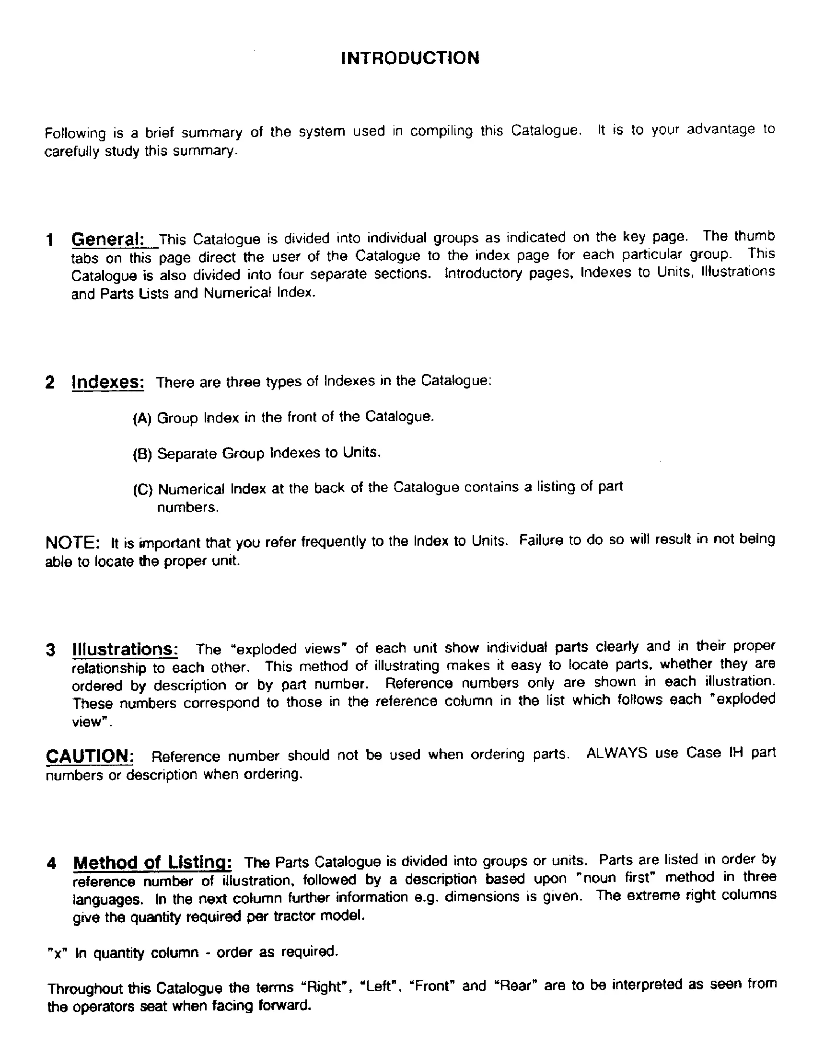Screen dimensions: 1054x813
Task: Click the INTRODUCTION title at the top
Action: pos(410,58)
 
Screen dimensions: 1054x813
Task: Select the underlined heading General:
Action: pos(108,240)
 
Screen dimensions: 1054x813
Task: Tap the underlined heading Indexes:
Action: pos(108,382)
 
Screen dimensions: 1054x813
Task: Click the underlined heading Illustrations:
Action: pos(125,649)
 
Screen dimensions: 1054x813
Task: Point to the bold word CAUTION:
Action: pos(90,756)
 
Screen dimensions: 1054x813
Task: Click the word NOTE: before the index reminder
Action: pos(72,542)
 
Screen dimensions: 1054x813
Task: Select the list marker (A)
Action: pos(142,418)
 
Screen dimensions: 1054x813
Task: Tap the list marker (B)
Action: pos(142,454)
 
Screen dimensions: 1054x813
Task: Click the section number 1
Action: pos(50,240)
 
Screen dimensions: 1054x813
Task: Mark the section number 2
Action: pos(50,383)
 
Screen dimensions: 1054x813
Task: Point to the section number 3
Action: pos(51,650)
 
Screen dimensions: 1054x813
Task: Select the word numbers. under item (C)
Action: pos(188,508)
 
